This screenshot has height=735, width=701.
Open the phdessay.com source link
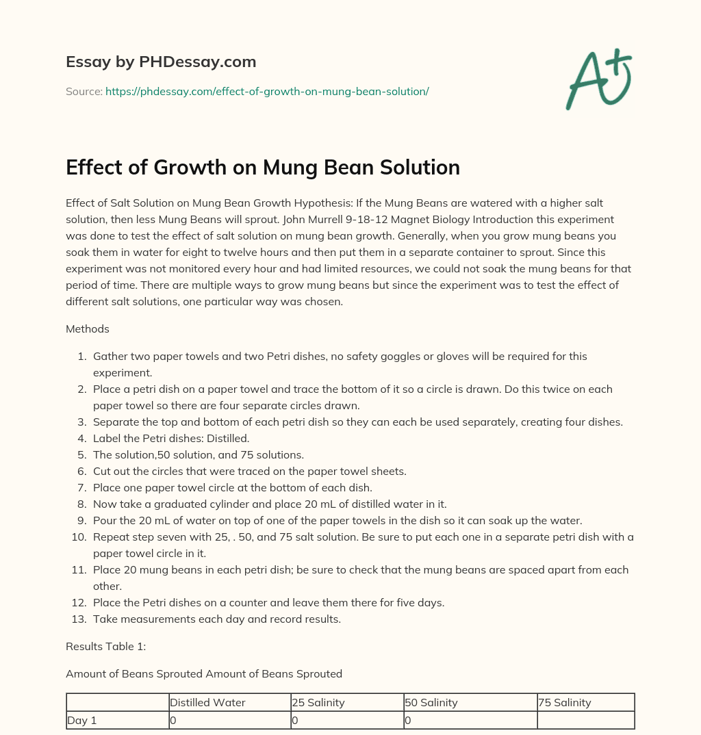pos(267,91)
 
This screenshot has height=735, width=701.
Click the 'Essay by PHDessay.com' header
pos(161,62)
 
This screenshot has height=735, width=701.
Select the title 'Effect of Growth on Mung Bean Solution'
pos(263,168)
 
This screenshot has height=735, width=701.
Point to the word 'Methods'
pos(88,329)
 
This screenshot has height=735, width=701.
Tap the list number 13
pos(79,619)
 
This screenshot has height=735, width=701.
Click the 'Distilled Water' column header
pos(207,703)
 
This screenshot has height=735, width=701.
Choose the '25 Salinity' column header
pos(318,703)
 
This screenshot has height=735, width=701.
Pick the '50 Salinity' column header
pos(431,703)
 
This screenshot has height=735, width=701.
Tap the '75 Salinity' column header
pos(565,703)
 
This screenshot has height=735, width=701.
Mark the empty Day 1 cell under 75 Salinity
pos(585,721)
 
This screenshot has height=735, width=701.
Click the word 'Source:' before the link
pos(84,91)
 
